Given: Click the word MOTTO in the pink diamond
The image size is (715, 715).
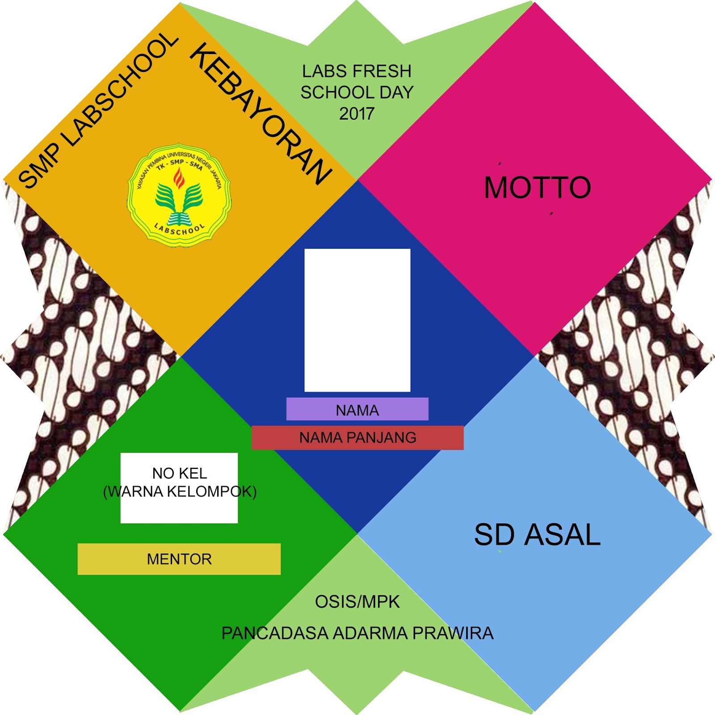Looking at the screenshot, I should [537, 187].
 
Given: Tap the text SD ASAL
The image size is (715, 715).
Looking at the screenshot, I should [537, 534].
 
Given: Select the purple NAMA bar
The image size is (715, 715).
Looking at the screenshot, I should [357, 409].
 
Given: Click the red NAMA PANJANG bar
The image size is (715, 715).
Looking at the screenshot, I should [357, 437].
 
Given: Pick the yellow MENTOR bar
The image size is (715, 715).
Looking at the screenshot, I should [179, 559].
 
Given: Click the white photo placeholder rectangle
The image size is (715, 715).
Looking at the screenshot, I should [357, 320].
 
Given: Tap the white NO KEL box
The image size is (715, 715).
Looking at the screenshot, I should [179, 509].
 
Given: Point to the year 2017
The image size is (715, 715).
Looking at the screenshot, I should [356, 114].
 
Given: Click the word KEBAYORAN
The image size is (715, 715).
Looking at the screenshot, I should [261, 114].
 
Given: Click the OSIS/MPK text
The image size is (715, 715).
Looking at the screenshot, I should [357, 602].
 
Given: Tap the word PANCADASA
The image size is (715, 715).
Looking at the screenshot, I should [275, 633].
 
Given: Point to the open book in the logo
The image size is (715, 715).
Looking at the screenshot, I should [179, 219].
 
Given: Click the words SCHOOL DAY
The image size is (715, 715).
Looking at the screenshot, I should [357, 93].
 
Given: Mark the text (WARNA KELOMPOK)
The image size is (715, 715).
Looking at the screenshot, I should [180, 492].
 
